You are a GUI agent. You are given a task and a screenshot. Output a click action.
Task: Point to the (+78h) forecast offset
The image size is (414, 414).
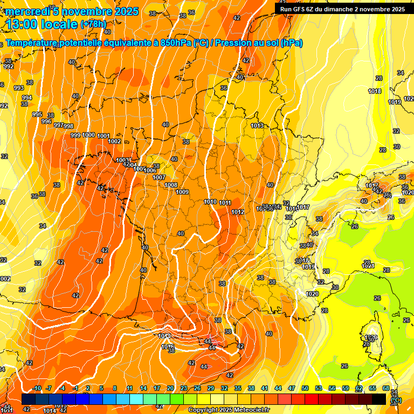93,24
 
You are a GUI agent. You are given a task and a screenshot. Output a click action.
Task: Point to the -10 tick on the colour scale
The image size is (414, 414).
36,388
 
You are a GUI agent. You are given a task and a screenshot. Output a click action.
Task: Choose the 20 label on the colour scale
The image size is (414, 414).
170,388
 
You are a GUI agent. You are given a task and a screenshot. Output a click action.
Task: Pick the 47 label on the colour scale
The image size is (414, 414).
292,388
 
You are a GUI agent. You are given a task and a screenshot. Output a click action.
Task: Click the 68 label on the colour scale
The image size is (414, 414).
386,388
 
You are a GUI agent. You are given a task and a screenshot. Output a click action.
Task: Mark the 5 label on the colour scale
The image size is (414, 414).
101,388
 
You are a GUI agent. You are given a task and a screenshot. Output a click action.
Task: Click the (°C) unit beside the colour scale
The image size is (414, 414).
396,400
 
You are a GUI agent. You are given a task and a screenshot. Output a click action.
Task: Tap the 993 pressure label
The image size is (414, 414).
19,88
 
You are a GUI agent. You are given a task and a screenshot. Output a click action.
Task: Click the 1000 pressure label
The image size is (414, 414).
89,135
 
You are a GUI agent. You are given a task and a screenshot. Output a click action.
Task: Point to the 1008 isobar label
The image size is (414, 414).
171,185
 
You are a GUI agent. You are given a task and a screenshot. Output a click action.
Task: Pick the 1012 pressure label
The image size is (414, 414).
238,212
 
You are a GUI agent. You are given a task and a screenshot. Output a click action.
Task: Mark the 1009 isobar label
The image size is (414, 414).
182,192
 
